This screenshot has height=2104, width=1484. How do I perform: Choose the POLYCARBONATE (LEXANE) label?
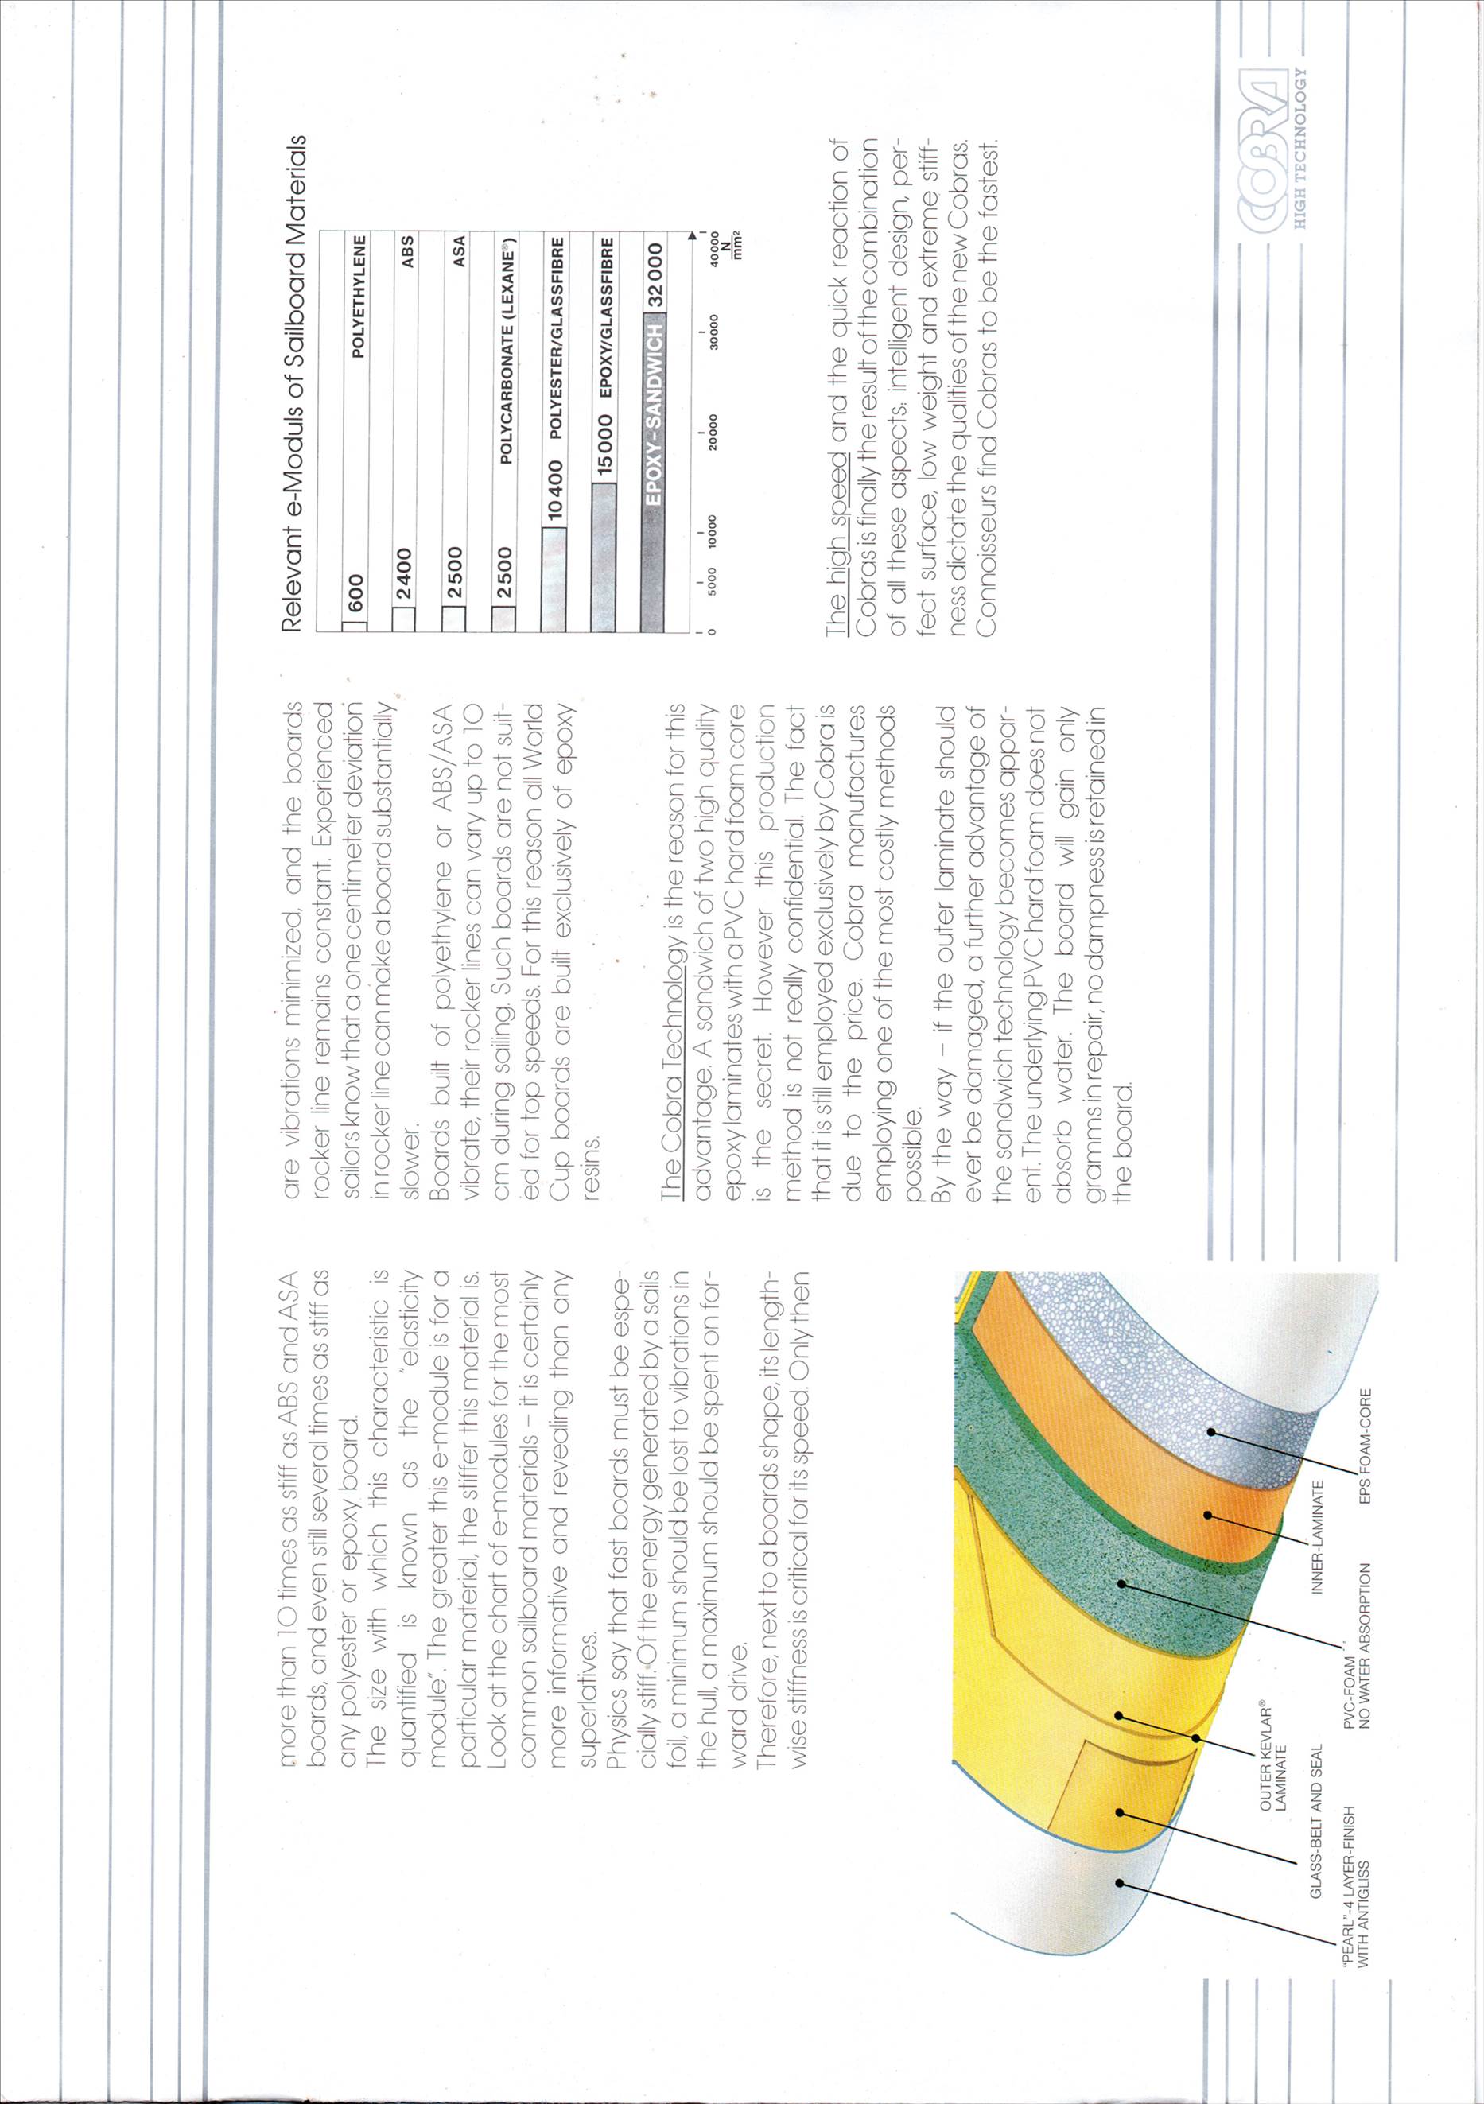pos(504,349)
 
